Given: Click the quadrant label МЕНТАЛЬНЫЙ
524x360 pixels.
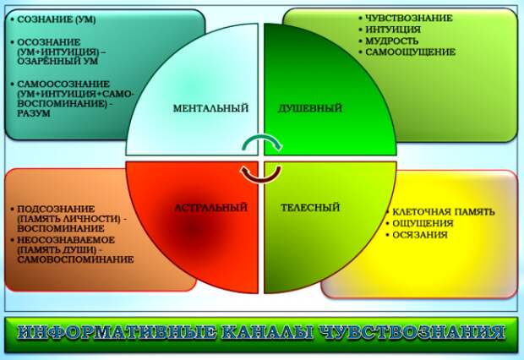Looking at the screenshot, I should tap(210, 108).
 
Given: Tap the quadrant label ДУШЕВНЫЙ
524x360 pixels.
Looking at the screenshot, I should tap(309, 108).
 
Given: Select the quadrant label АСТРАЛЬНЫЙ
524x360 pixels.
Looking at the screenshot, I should tap(210, 207).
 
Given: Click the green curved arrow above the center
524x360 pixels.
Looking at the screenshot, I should tap(261, 142).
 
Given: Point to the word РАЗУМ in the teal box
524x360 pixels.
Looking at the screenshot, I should tap(34, 113).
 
